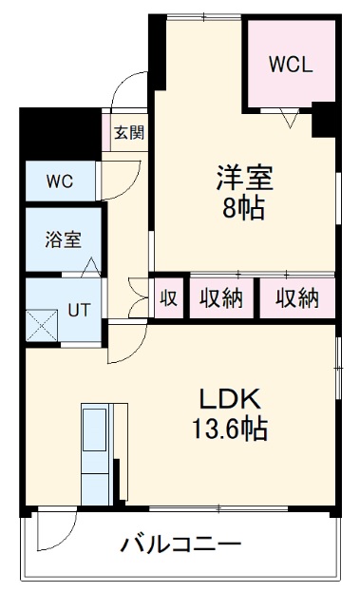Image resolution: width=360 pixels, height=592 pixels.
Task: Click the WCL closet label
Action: (289, 65)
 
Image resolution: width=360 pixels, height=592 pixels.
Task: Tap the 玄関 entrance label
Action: (130, 132)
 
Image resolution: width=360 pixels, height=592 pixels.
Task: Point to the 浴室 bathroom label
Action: (64, 239)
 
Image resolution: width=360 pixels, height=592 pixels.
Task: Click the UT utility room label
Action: (79, 310)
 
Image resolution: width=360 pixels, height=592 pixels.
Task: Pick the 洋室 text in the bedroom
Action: (244, 178)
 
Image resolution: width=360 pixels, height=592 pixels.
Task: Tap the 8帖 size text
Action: (244, 208)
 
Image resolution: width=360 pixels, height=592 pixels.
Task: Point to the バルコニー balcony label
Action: (180, 544)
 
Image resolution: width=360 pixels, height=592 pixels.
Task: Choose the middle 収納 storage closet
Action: (220, 298)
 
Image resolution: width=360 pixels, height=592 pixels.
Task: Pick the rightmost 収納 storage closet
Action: (297, 298)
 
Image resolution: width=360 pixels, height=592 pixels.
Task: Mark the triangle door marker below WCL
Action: (291, 119)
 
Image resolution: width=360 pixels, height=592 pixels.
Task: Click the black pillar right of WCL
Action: (323, 119)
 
